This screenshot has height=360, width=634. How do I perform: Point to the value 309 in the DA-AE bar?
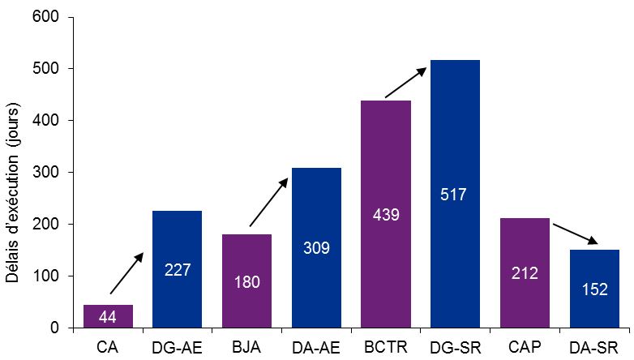(316, 248)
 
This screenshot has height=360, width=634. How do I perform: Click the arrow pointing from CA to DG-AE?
(126, 272)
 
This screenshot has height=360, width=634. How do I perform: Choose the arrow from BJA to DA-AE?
(268, 202)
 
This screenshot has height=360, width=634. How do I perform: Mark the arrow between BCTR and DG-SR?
(405, 83)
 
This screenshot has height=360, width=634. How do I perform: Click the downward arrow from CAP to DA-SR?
(575, 233)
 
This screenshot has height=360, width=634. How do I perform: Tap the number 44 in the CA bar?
(108, 317)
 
